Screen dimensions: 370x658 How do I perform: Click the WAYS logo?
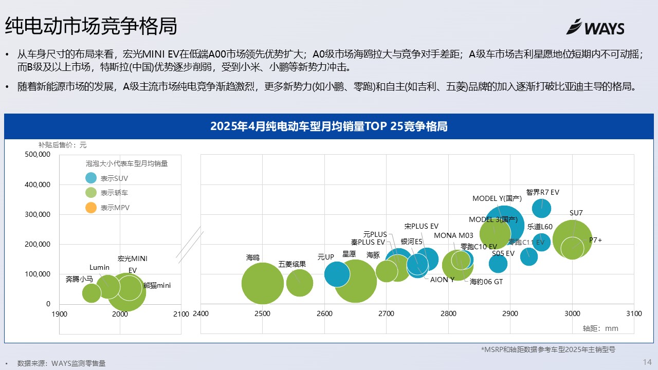(x=595, y=27)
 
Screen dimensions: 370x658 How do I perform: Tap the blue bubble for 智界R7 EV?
(x=541, y=208)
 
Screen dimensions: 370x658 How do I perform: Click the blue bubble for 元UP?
(x=337, y=274)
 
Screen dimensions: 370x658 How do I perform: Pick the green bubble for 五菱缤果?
(x=300, y=283)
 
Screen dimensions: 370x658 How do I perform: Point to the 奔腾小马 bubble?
(x=92, y=293)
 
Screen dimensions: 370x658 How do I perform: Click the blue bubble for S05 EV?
(x=498, y=264)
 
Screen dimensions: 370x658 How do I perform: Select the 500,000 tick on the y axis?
(x=38, y=154)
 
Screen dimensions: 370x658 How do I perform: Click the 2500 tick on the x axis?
(x=262, y=314)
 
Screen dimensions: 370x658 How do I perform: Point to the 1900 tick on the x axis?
(x=60, y=314)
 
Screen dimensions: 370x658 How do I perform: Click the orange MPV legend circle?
(x=91, y=208)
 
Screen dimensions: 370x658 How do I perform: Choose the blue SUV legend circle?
(x=91, y=178)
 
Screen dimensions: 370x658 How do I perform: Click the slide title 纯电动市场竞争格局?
(x=91, y=26)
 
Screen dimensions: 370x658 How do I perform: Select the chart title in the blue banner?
(x=328, y=126)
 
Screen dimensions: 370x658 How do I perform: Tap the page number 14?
(x=647, y=362)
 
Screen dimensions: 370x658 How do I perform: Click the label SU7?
(x=576, y=213)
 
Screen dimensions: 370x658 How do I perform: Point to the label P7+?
(x=595, y=240)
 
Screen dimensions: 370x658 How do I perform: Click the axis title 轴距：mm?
(x=600, y=328)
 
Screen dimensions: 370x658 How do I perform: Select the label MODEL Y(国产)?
(x=497, y=198)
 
